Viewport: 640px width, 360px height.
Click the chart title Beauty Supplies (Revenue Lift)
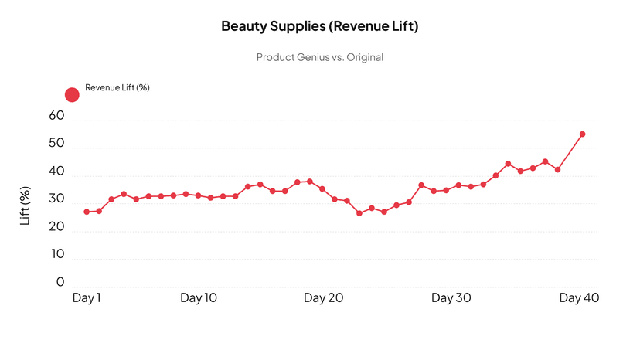pos(319,26)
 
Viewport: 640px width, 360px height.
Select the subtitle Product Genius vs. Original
pos(319,57)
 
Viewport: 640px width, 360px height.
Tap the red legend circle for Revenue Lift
pos(72,95)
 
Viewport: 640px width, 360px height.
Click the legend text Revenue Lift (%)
pos(117,87)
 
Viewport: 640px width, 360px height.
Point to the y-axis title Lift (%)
pos(25,205)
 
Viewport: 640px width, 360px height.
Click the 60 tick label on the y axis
pos(56,116)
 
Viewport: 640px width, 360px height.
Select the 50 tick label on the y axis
pos(56,144)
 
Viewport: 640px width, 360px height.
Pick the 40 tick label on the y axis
pos(56,172)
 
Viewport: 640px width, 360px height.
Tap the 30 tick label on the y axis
pos(56,199)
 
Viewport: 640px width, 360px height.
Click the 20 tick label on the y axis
pos(56,227)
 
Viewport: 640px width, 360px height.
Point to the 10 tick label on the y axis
pos(56,254)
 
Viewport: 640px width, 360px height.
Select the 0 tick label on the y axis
pos(60,282)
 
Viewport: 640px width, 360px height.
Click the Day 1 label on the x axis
pos(87,298)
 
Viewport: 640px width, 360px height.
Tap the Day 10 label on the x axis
pos(199,298)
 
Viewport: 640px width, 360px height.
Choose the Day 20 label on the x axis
pos(323,298)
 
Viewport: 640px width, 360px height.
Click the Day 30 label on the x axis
pos(451,298)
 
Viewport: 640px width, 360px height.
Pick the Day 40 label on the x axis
pos(579,298)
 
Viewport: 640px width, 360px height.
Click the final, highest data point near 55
pos(582,134)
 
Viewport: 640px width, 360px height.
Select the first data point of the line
pos(87,212)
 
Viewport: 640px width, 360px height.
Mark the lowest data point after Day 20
pos(359,213)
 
